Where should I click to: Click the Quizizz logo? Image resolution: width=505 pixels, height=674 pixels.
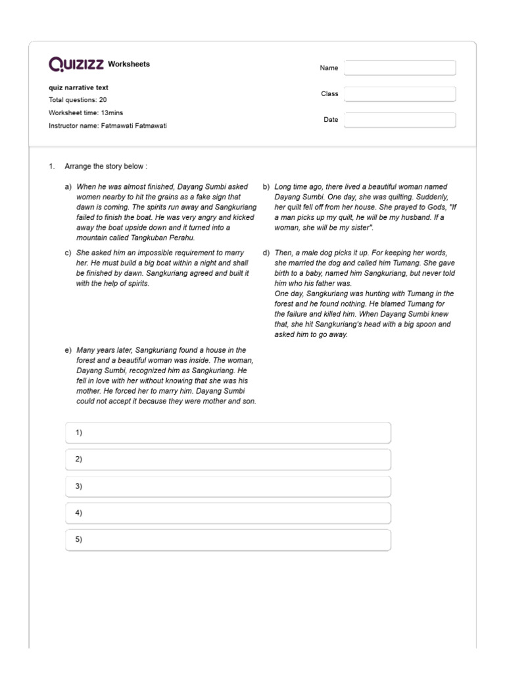pos(76,65)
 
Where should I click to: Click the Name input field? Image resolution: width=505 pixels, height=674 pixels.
pos(399,68)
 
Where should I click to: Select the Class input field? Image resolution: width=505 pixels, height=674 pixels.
pos(399,94)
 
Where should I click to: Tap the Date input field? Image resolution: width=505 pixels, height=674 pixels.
pos(399,120)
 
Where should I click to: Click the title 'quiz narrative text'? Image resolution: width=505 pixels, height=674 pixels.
pos(79,88)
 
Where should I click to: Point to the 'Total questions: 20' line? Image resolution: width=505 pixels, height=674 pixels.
pos(78,100)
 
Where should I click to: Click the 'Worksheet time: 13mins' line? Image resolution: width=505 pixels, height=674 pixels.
pos(85,113)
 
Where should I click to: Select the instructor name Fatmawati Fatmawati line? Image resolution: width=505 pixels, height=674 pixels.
pos(108,125)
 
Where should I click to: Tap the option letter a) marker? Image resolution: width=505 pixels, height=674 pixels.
pos(68,187)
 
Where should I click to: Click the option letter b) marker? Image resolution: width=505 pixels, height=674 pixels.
pos(266,187)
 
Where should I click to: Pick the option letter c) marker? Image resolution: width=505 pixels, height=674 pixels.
pos(68,253)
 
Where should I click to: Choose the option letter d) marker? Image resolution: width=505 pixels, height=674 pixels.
pos(266,253)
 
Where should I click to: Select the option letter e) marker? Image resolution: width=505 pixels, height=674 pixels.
pos(68,350)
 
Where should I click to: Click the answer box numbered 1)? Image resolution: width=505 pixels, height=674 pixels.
pos(228,432)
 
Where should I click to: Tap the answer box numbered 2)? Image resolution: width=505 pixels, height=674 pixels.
pos(228,459)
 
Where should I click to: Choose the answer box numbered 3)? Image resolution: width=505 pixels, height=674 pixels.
pos(228,486)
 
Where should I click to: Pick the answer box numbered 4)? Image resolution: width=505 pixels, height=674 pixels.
pos(228,513)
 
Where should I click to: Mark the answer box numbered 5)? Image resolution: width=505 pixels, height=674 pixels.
pos(228,540)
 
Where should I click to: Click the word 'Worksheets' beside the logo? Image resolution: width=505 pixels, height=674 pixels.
pos(129,65)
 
